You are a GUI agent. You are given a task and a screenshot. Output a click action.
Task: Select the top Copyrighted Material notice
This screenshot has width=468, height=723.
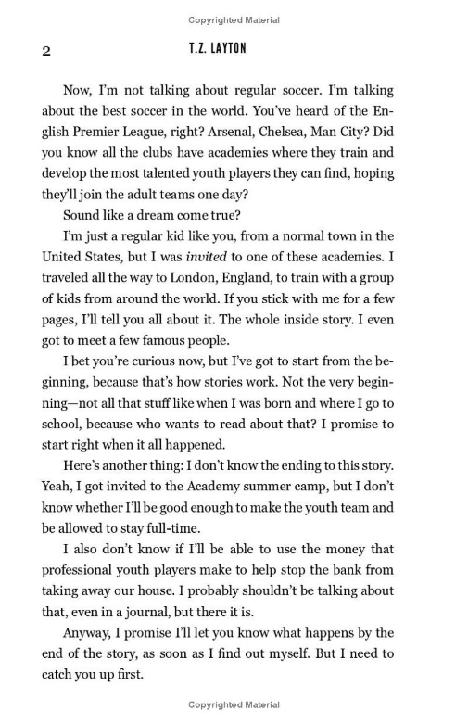(234, 19)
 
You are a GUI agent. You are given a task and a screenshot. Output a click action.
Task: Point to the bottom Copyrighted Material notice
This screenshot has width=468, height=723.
(234, 704)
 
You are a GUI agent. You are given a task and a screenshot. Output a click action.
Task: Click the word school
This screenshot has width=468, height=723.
(63, 424)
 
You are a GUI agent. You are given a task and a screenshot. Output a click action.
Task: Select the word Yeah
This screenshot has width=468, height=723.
(58, 486)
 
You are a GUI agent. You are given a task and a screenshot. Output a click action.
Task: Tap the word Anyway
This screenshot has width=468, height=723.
(86, 632)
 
